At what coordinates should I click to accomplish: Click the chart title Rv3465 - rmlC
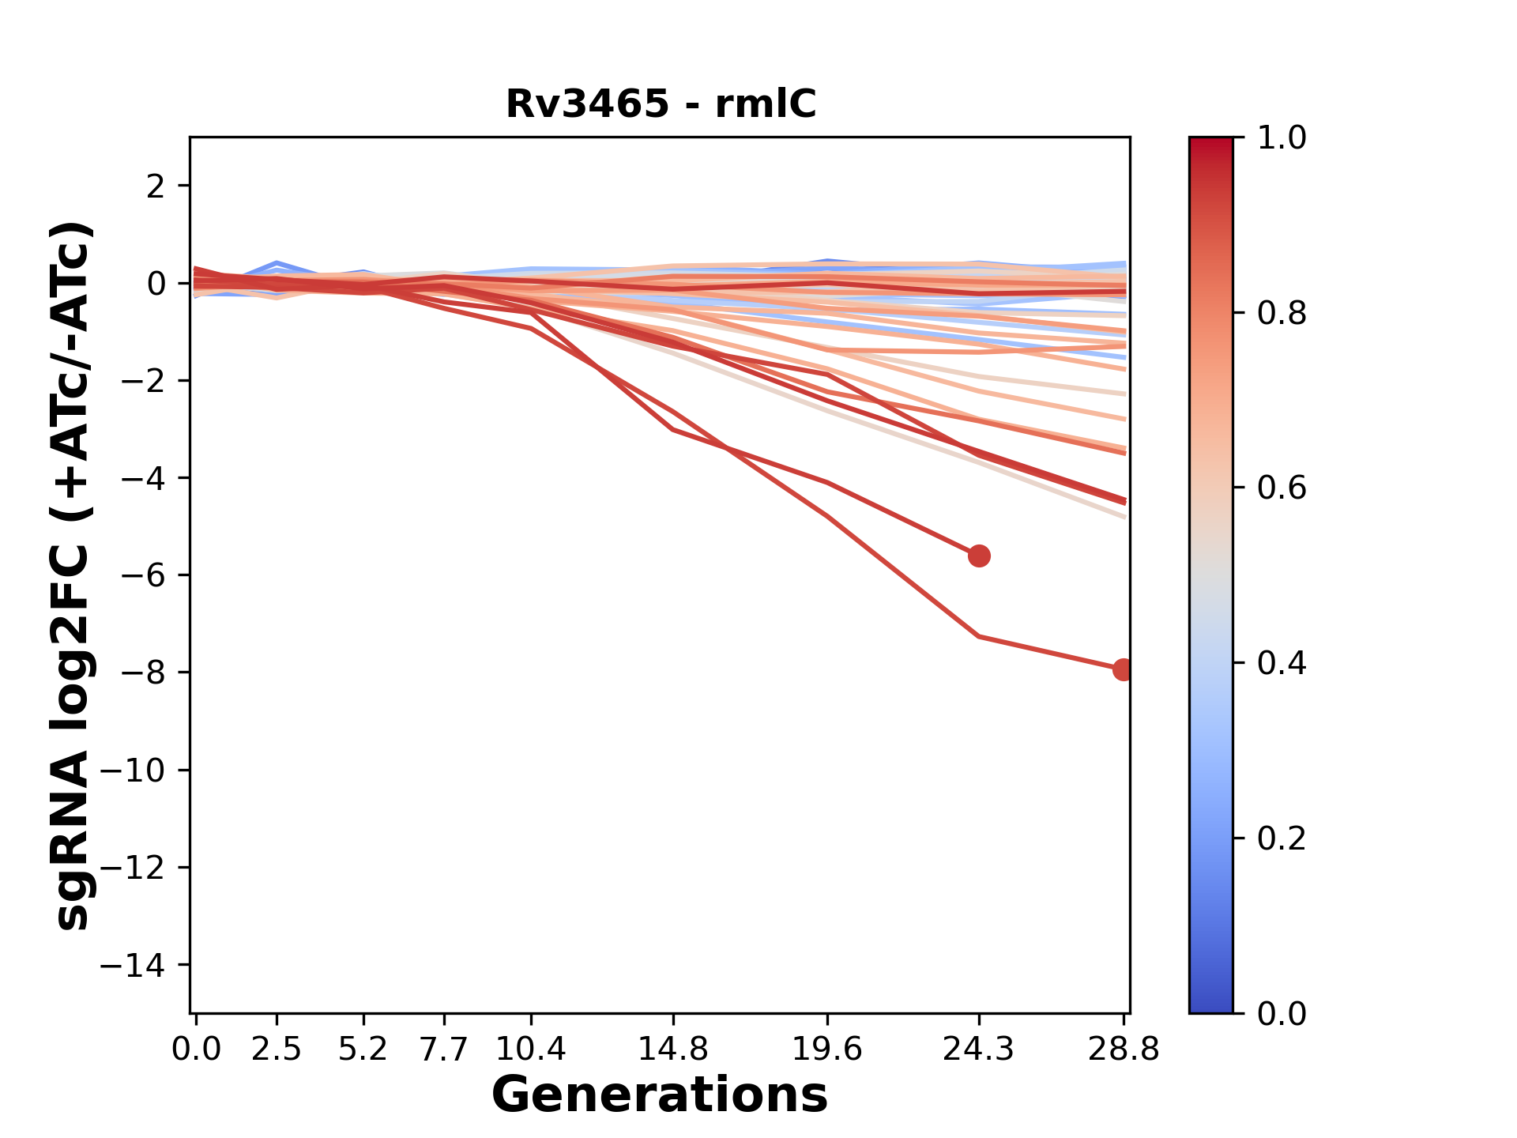pyautogui.click(x=661, y=104)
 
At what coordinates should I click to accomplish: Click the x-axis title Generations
pyautogui.click(x=660, y=1095)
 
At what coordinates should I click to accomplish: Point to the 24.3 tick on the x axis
pyautogui.click(x=979, y=1049)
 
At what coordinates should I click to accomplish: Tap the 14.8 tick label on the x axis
pyautogui.click(x=672, y=1049)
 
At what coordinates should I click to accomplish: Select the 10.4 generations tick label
pyautogui.click(x=531, y=1049)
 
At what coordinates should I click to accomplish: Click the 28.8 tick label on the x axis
pyautogui.click(x=1124, y=1049)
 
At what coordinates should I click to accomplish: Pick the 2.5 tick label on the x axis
pyautogui.click(x=277, y=1049)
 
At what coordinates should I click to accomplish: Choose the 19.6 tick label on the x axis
pyautogui.click(x=827, y=1049)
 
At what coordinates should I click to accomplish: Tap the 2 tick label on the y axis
pyautogui.click(x=156, y=187)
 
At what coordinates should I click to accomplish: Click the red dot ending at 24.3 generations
pyautogui.click(x=979, y=556)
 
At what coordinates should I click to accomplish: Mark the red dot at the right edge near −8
pyautogui.click(x=1123, y=670)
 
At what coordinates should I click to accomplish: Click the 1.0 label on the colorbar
pyautogui.click(x=1282, y=138)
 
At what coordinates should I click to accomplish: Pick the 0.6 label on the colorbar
pyautogui.click(x=1282, y=488)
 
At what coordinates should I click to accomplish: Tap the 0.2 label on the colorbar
pyautogui.click(x=1282, y=838)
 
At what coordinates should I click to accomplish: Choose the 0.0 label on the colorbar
pyautogui.click(x=1282, y=1014)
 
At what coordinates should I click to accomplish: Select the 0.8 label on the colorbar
pyautogui.click(x=1282, y=314)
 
